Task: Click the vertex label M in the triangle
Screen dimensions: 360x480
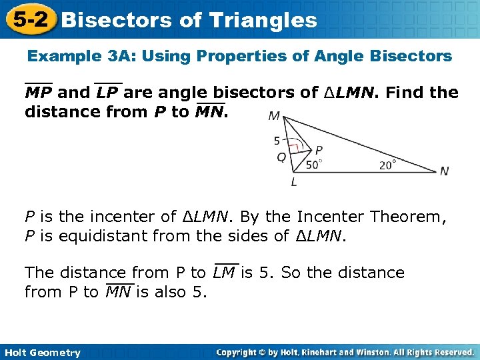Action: (274, 117)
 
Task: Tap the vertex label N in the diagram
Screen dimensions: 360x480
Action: (444, 171)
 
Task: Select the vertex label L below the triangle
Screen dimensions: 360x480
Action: (294, 181)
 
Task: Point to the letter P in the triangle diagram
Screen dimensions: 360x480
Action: (319, 151)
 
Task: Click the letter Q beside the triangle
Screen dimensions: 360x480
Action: (281, 158)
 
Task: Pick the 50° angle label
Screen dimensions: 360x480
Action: (314, 164)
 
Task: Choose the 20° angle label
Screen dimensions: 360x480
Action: (387, 165)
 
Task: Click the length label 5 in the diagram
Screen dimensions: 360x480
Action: (277, 141)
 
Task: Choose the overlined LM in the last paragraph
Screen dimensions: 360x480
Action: (225, 273)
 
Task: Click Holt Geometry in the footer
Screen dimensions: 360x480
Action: (41, 353)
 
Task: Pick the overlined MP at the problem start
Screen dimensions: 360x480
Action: (39, 93)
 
